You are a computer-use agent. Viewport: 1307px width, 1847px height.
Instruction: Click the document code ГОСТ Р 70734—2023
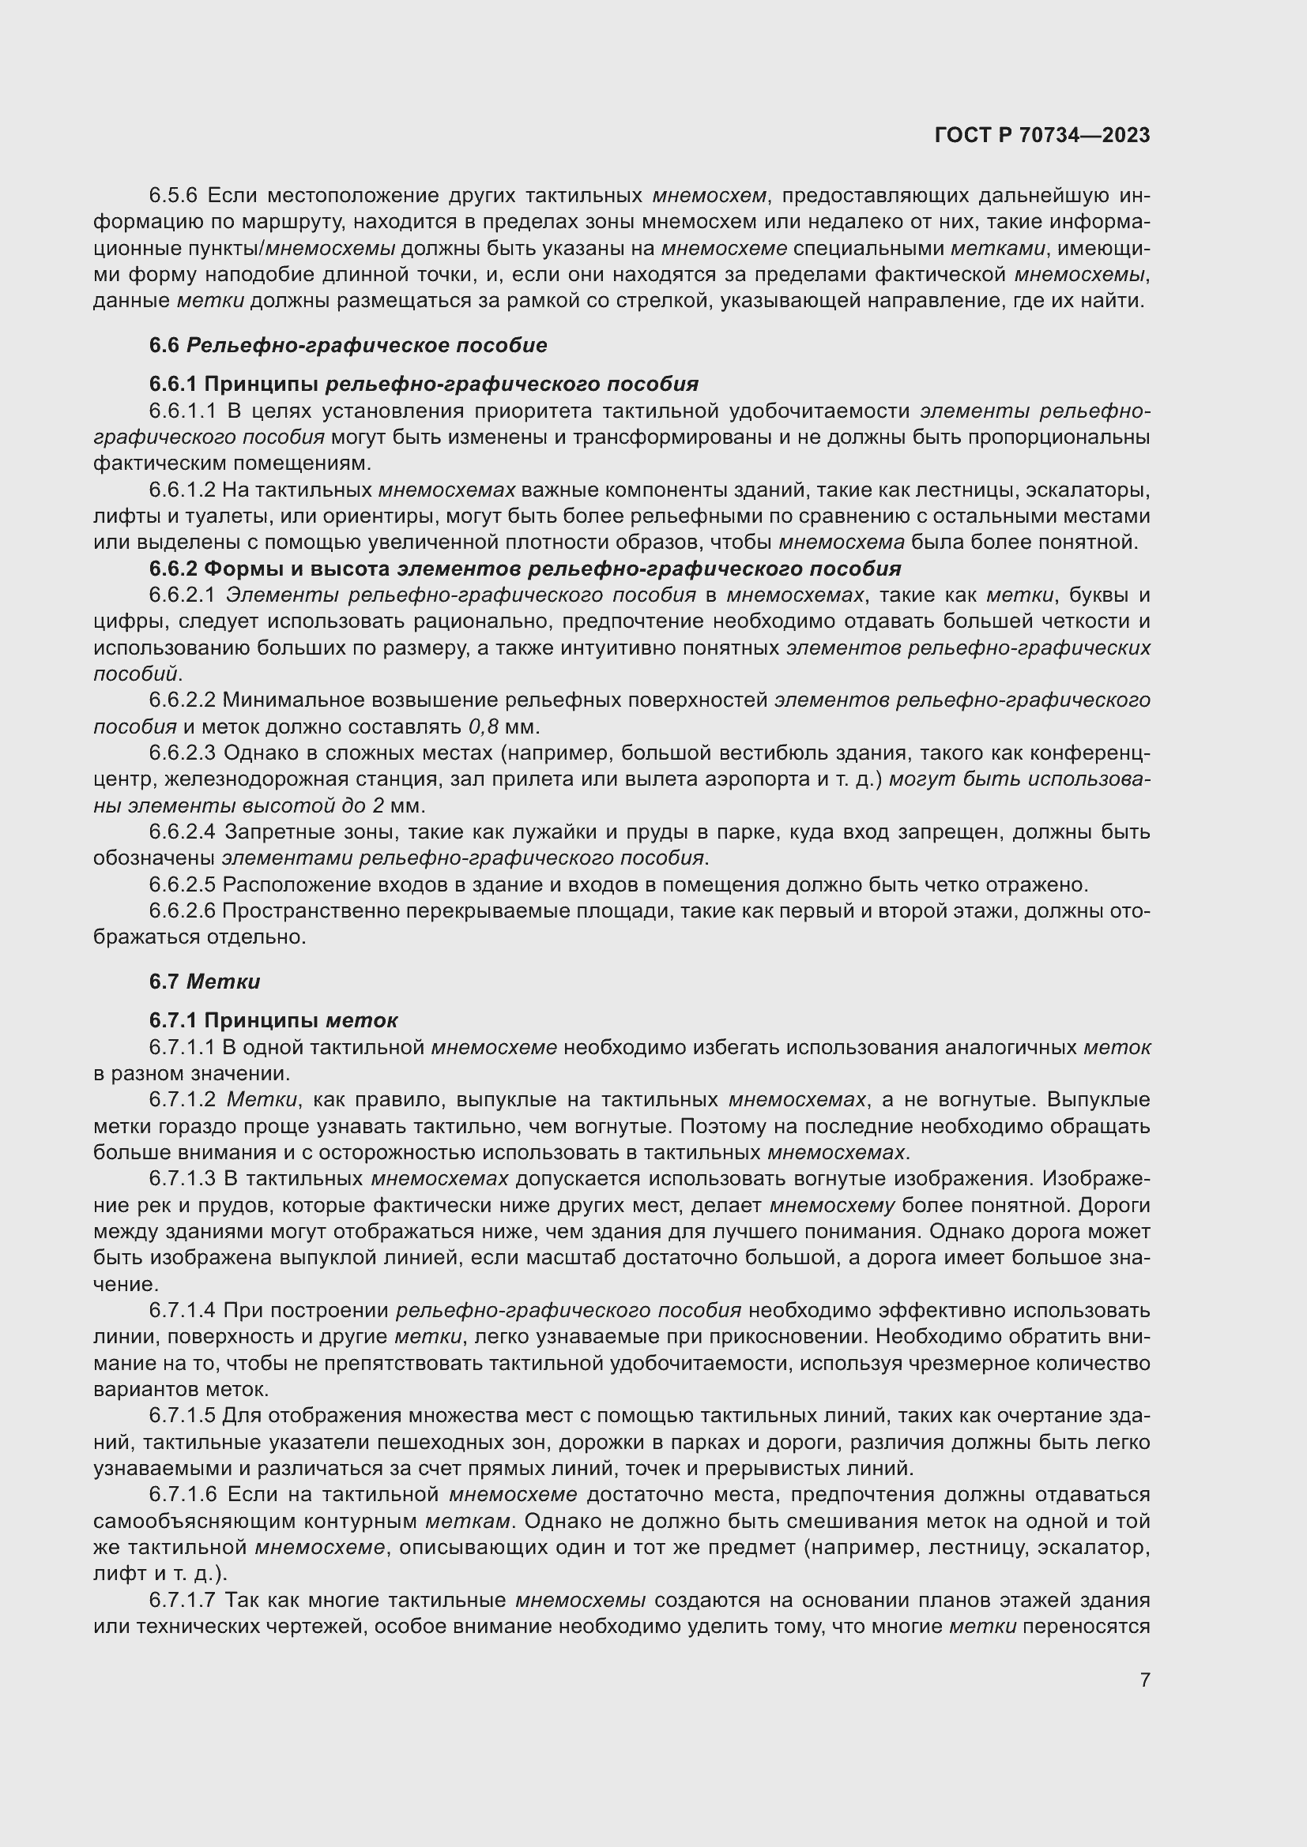1042,135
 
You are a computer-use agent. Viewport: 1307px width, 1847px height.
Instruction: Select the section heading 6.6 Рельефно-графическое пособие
348,345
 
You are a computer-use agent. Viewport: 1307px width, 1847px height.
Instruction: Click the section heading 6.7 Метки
205,982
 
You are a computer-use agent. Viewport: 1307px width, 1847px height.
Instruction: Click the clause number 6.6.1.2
182,490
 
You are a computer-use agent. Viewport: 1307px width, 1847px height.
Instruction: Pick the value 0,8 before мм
483,727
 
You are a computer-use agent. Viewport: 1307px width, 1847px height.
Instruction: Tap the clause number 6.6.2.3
183,754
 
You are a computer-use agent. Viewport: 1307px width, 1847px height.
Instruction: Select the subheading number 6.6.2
173,569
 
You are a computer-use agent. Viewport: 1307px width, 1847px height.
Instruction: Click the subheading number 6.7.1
173,1021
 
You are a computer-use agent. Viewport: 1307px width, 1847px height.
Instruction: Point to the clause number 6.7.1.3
183,1179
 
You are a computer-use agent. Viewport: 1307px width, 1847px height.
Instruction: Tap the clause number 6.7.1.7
183,1600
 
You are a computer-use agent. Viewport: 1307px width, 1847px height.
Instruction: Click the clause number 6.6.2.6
183,911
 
